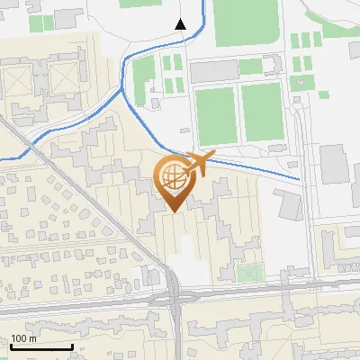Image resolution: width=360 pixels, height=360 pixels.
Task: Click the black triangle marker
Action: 181,23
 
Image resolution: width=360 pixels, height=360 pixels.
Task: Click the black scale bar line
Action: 41,347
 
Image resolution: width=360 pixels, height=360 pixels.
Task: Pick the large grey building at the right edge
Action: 335,167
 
